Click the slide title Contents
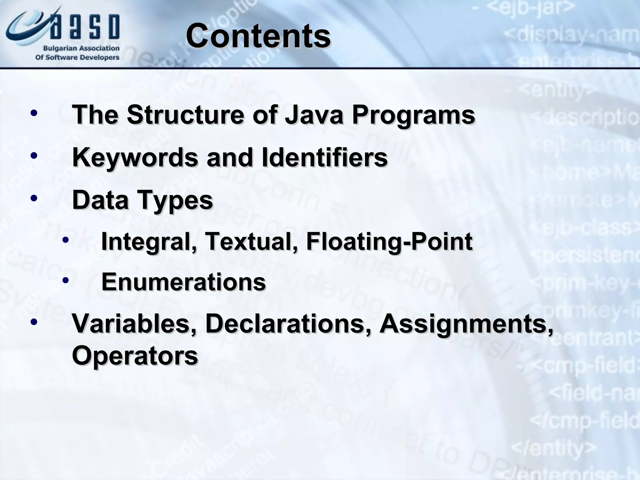258,36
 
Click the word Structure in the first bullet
185,114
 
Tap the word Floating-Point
389,242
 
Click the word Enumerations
183,282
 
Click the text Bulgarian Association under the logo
81,48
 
